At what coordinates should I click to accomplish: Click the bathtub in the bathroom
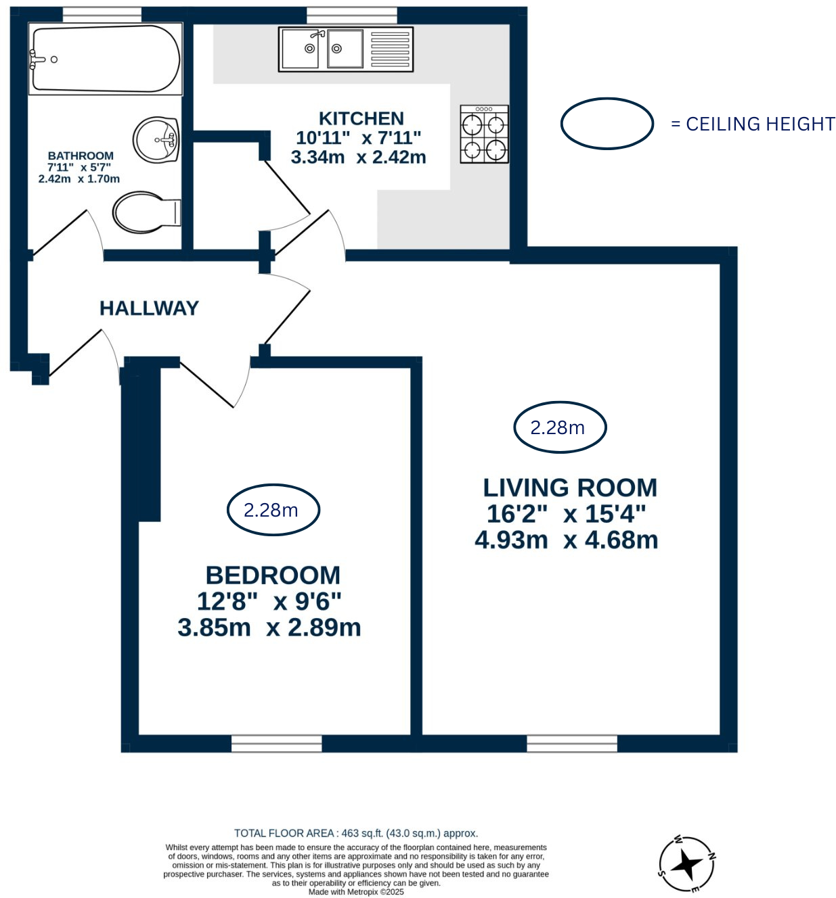(105, 59)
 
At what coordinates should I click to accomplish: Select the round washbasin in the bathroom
(156, 140)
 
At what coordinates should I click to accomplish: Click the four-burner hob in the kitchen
(484, 134)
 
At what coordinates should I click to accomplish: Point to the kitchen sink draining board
(390, 49)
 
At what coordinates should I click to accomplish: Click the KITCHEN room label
(361, 118)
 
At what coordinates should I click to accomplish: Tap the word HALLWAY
(149, 308)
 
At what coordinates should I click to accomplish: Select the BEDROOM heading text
(273, 575)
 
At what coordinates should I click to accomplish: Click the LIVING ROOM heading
(570, 488)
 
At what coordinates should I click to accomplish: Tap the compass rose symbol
(686, 865)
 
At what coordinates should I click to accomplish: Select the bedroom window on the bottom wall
(276, 743)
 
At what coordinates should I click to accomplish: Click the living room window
(571, 743)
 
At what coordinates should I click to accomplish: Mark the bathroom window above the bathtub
(102, 14)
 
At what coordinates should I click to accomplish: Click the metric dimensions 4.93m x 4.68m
(566, 540)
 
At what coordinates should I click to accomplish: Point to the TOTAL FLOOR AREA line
(356, 833)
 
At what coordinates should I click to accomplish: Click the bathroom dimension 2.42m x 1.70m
(79, 179)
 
